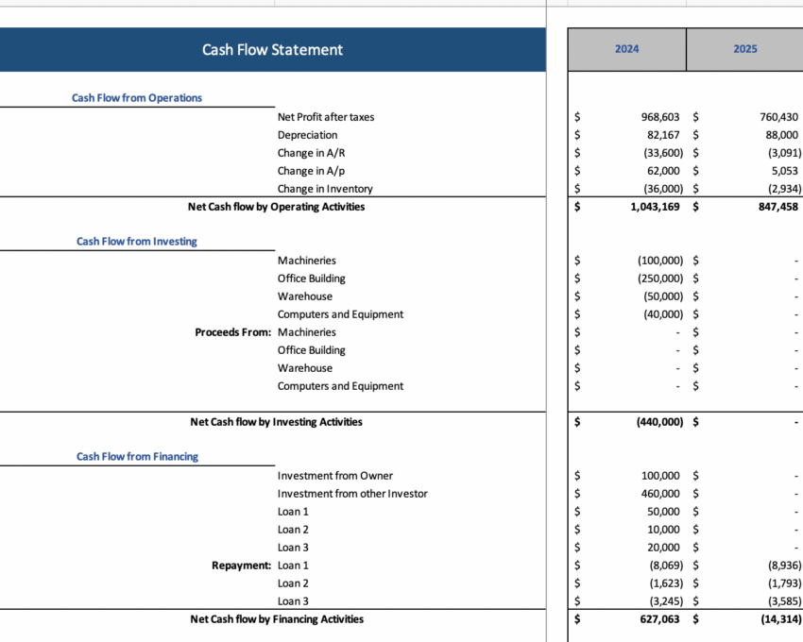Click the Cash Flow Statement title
click(272, 49)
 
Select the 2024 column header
click(626, 49)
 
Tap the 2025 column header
click(744, 49)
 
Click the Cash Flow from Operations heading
click(137, 97)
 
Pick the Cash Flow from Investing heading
click(137, 241)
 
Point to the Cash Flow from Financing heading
click(137, 456)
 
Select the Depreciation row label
click(307, 135)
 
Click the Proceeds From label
click(232, 332)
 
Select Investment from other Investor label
click(352, 494)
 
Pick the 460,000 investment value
click(659, 494)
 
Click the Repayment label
click(241, 566)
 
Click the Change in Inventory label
click(325, 189)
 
